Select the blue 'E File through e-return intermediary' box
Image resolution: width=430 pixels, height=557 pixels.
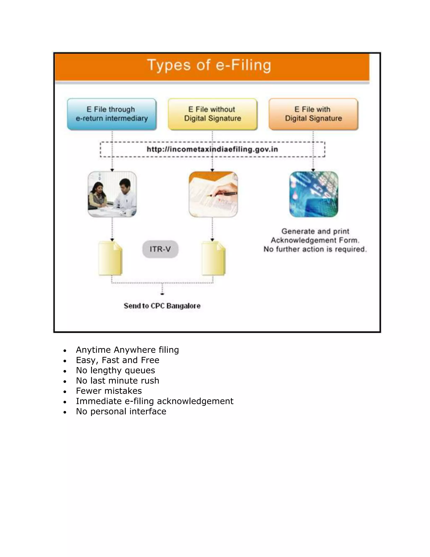click(x=111, y=114)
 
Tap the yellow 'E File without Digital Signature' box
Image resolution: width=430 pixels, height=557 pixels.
click(x=212, y=114)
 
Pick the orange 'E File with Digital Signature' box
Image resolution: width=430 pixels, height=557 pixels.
click(x=313, y=114)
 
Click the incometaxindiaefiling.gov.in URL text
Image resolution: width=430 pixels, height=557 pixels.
click(x=212, y=149)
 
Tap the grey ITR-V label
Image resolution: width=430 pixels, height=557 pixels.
click(x=160, y=249)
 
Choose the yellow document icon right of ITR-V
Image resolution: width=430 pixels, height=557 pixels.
click(x=214, y=258)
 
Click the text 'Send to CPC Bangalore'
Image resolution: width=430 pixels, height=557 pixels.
click(x=162, y=306)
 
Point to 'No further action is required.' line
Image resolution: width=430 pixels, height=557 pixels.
click(x=315, y=249)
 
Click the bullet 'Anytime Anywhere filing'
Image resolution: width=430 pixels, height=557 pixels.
click(x=127, y=350)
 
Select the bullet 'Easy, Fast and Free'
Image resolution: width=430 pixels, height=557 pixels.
click(x=117, y=360)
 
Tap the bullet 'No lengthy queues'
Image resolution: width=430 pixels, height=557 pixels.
click(x=115, y=370)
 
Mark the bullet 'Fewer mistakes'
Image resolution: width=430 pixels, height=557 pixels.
click(x=109, y=391)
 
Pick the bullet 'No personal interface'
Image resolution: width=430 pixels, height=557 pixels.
click(x=121, y=411)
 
